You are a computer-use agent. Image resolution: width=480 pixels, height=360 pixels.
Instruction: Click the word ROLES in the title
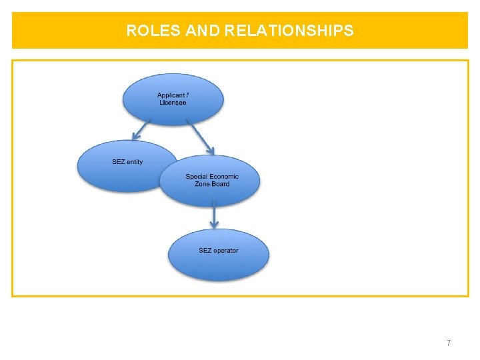point(153,30)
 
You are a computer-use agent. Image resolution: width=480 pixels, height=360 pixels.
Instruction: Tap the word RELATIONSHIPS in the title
point(289,30)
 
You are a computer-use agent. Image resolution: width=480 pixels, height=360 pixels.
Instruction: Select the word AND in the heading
point(203,30)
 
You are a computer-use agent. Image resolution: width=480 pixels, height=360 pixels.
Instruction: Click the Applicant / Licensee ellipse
point(173,99)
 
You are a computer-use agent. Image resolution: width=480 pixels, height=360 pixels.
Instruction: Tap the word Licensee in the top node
point(173,103)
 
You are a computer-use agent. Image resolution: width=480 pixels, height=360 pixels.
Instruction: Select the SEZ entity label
point(127,162)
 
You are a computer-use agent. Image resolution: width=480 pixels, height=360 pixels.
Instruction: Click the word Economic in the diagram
point(224,176)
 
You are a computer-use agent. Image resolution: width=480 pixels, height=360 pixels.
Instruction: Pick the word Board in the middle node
point(221,184)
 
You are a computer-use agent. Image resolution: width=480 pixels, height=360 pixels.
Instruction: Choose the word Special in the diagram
point(197,177)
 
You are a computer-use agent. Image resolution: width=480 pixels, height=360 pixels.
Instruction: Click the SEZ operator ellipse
point(219,255)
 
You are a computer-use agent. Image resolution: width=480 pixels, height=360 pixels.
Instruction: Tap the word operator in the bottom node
point(226,251)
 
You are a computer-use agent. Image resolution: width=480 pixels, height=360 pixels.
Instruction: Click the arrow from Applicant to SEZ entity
point(141,130)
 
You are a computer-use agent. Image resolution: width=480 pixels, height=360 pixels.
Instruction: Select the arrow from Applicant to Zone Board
point(201,137)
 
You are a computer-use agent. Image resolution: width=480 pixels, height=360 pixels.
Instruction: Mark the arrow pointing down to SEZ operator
point(214,215)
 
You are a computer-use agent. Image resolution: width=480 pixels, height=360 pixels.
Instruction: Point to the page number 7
point(449,343)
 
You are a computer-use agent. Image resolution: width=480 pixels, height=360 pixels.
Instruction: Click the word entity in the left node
point(135,162)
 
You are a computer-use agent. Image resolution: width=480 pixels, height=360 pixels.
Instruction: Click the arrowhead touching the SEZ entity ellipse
point(135,136)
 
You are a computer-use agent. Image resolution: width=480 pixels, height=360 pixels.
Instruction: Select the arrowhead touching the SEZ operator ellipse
point(214,225)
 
